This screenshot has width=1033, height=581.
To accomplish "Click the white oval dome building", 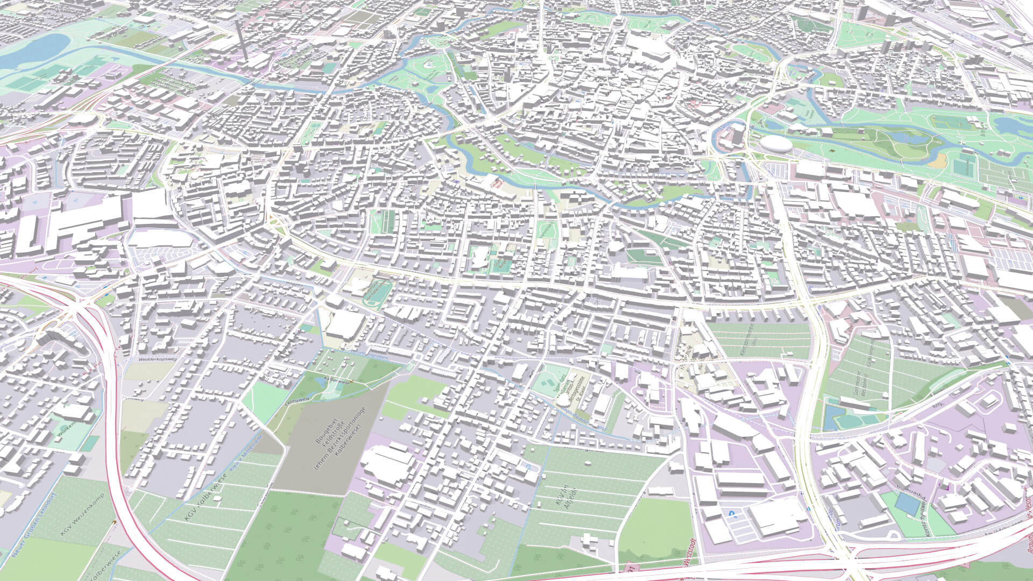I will tap(775, 144).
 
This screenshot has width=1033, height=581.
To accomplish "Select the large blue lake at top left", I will tap(32, 51).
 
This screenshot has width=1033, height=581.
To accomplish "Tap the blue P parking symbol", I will tap(732, 514).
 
